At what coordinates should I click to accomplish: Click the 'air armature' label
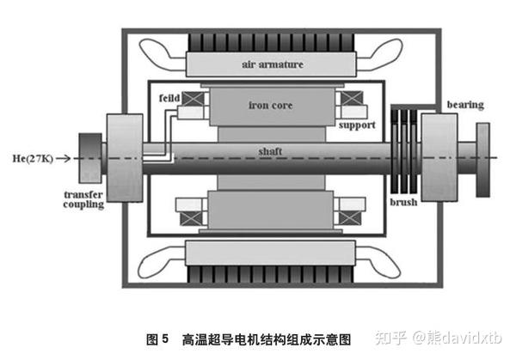point(273,64)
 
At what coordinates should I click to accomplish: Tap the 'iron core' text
point(270,105)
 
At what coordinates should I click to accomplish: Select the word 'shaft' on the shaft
point(270,151)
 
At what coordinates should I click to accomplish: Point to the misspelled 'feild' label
point(169,98)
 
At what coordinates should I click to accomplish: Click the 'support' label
point(357,125)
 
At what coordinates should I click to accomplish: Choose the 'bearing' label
point(465,105)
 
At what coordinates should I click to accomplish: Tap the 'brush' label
point(403,202)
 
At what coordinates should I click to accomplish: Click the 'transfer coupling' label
point(83,199)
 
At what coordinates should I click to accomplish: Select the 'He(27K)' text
point(33,158)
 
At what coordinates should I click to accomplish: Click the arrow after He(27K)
point(63,158)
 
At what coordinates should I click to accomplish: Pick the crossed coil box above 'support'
point(352,98)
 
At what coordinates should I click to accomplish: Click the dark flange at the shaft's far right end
point(482,160)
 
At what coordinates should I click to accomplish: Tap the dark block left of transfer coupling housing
point(90,158)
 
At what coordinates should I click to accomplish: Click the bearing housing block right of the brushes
point(439,157)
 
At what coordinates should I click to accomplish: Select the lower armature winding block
point(271,253)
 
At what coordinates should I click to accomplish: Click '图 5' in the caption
point(157,339)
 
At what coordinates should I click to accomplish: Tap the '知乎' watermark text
point(390,338)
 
